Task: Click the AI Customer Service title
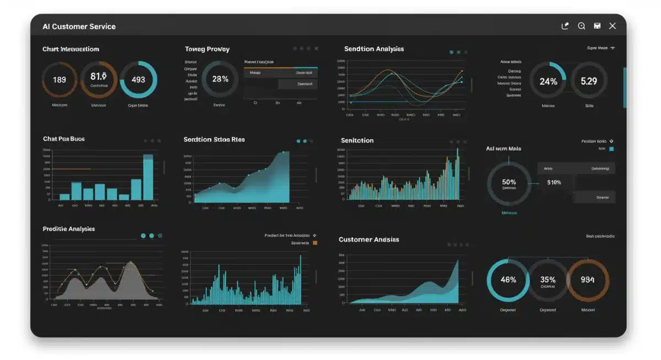pos(79,26)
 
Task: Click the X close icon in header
pos(612,26)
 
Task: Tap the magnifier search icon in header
pos(581,26)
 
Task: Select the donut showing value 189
pos(59,80)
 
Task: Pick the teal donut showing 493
pos(138,80)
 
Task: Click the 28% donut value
pos(220,79)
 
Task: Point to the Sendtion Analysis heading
pos(373,49)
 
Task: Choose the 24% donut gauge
pos(548,81)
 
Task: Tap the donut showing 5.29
pos(589,81)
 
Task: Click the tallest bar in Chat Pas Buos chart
pos(148,177)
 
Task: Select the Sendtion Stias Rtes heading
pos(214,140)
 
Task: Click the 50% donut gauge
pos(509,183)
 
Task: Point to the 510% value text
pos(554,182)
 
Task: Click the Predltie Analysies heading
pos(69,229)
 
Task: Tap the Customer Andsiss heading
pos(369,239)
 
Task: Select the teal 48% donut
pos(508,280)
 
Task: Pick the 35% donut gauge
pos(548,280)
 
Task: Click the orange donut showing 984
pos(588,280)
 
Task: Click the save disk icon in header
pos(597,26)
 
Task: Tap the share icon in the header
pos(565,26)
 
